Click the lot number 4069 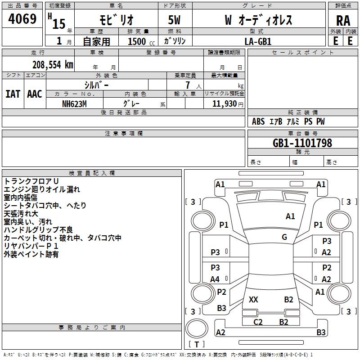(22, 18)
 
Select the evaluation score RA (343, 21)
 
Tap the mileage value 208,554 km (53, 65)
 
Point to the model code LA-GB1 (258, 41)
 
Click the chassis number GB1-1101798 (302, 143)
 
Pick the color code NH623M (74, 104)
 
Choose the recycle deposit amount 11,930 (224, 103)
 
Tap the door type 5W (174, 20)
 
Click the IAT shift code (13, 94)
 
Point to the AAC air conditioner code (35, 94)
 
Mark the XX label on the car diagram (253, 299)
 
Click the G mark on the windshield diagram (284, 237)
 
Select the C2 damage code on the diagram (257, 322)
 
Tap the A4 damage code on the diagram (215, 279)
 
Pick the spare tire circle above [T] (197, 328)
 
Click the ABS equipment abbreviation (258, 121)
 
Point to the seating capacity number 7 (188, 85)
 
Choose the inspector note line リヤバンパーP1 (31, 246)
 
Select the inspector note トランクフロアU (31, 181)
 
